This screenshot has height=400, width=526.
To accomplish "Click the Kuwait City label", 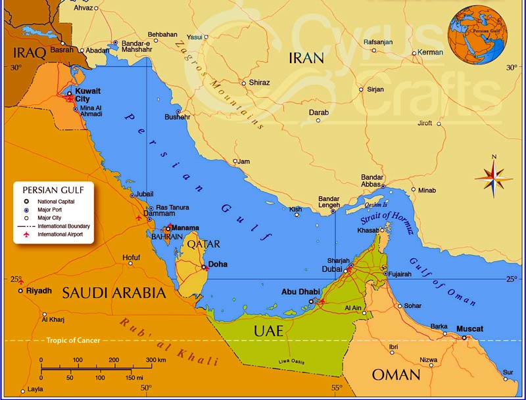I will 87,95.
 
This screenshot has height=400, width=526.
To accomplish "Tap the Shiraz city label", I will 260,83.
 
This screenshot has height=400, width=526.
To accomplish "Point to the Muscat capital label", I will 469,328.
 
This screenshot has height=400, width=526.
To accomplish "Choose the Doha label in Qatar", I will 218,264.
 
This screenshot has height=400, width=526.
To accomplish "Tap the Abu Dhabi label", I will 300,292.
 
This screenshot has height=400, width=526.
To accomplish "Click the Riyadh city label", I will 39,290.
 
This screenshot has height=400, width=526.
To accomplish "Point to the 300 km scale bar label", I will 156,360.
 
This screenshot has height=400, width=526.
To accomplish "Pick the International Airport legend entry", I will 60,234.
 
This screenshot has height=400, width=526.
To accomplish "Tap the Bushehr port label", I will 177,117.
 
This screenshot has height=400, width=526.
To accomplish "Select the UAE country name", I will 268,331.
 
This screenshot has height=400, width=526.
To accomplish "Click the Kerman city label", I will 431,52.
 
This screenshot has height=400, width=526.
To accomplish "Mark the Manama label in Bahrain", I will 185,228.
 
